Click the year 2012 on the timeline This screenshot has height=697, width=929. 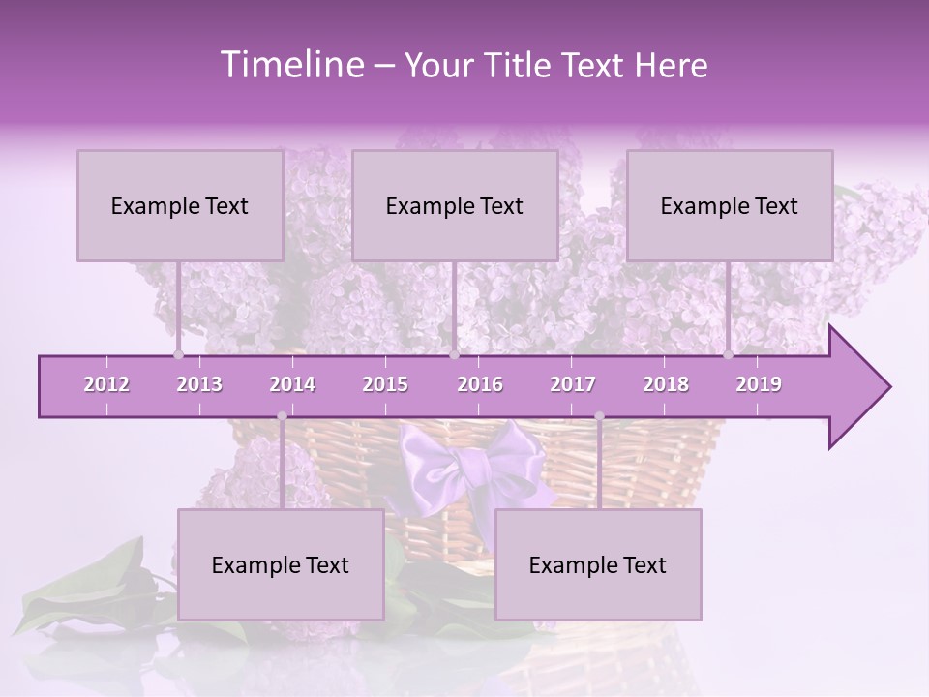click(106, 384)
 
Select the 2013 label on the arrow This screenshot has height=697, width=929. click(199, 384)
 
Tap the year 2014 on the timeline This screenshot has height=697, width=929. click(292, 384)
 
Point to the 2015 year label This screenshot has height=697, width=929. click(385, 384)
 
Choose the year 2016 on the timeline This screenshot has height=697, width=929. click(480, 384)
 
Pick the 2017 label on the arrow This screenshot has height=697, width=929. click(573, 384)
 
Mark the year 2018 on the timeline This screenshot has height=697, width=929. click(666, 384)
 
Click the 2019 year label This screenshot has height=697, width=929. click(759, 384)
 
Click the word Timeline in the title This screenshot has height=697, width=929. click(289, 65)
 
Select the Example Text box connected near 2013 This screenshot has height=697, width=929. click(180, 205)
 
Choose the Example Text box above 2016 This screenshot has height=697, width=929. click(455, 205)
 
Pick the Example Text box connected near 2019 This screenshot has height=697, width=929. click(730, 205)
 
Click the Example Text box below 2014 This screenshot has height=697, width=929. click(281, 564)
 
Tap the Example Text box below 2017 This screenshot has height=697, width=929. click(598, 564)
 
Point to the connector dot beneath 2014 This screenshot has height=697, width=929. click(282, 416)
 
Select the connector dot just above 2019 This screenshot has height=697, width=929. click(729, 355)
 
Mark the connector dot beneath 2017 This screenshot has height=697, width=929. click(599, 416)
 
